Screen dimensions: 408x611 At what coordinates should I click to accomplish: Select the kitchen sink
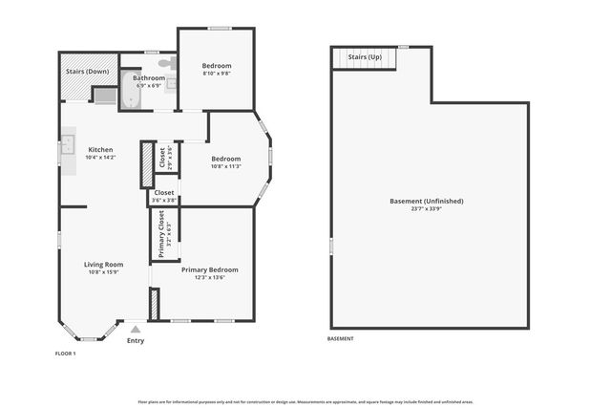67,146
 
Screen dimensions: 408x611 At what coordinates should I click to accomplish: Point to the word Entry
136,340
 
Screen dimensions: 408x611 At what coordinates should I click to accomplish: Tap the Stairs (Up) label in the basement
364,57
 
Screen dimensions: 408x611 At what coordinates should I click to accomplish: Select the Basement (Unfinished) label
427,201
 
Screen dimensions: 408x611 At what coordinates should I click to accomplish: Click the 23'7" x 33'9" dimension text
427,209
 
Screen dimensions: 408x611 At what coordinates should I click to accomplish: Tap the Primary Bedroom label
209,270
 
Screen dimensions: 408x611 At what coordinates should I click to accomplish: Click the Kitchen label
100,150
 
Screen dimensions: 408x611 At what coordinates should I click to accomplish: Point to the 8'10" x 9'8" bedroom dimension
217,74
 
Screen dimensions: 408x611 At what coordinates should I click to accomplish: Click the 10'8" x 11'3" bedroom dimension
225,166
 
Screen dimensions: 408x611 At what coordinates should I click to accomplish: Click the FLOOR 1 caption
65,354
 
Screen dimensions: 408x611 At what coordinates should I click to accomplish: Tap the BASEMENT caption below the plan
341,338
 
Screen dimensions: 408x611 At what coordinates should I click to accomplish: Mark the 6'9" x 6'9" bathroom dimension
148,86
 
